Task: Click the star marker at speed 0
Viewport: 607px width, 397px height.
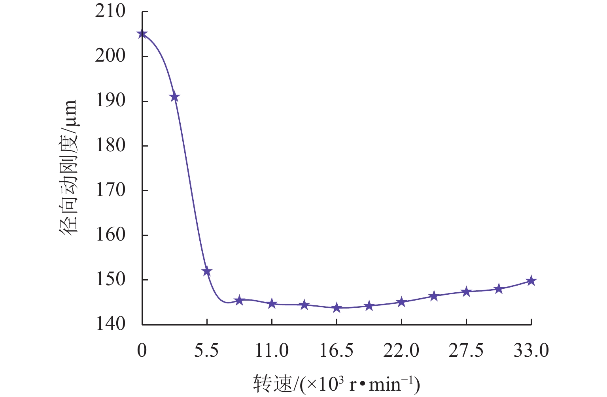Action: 142,34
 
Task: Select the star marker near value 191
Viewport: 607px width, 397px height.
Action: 174,97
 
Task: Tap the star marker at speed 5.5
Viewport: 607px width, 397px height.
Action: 207,271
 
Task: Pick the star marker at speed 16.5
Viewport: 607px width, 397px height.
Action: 337,308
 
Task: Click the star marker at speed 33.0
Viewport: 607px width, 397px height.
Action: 531,281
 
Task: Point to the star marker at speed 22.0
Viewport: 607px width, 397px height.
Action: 401,302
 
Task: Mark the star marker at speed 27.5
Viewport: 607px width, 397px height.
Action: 466,292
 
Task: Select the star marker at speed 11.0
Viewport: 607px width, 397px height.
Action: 272,304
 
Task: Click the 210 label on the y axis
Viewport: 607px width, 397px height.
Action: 110,11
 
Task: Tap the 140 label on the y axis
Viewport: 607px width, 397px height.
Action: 110,324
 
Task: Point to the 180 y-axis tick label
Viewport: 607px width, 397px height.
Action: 110,145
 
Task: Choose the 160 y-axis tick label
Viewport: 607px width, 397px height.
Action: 110,235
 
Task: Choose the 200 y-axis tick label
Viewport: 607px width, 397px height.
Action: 110,56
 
